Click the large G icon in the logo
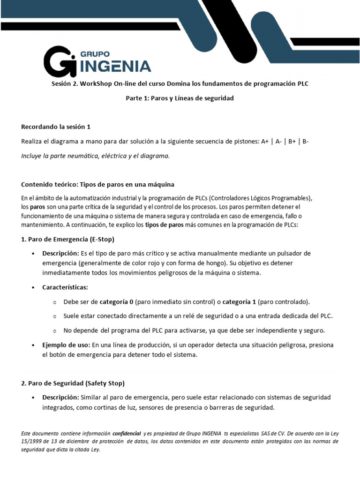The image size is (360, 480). [60, 61]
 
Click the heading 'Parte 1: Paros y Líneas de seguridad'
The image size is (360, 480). [180, 98]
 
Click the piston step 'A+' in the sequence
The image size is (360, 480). [266, 142]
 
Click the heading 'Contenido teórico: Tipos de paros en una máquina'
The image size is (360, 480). [98, 184]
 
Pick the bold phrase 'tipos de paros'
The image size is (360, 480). [164, 225]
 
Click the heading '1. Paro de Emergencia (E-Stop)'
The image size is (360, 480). [68, 239]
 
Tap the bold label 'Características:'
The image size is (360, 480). [65, 287]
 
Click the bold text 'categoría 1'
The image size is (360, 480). [239, 301]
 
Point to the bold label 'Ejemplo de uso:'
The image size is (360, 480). [66, 345]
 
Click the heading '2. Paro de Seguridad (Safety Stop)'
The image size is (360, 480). [73, 383]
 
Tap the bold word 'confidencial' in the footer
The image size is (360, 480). [127, 433]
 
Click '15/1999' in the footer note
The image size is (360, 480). [31, 441]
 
